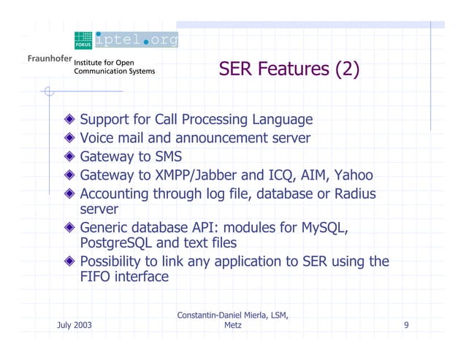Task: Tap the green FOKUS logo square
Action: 83,40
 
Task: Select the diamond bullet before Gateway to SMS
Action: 69,157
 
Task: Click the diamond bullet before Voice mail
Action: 69,138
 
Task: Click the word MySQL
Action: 323,229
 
